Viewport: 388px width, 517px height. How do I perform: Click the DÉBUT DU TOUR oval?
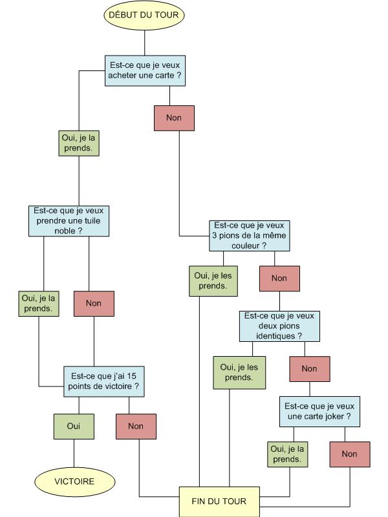pyautogui.click(x=145, y=14)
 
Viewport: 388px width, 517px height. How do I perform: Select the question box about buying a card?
pyautogui.click(x=145, y=70)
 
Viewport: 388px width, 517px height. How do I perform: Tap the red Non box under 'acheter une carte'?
pyautogui.click(x=174, y=118)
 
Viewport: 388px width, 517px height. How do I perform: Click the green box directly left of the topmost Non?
pyautogui.click(x=78, y=143)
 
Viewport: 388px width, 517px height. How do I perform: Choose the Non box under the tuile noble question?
pyautogui.click(x=94, y=303)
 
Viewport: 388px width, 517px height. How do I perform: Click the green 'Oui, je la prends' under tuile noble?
pyautogui.click(x=38, y=303)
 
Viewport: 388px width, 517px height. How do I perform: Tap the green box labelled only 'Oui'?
pyautogui.click(x=73, y=426)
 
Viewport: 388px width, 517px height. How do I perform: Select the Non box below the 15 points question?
pyautogui.click(x=136, y=426)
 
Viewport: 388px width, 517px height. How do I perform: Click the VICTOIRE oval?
pyautogui.click(x=74, y=481)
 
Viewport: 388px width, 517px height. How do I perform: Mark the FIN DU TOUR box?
pyautogui.click(x=219, y=501)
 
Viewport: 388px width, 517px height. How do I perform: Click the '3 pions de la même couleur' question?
pyautogui.click(x=249, y=236)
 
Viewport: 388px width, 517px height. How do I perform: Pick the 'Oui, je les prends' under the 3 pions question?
pyautogui.click(x=210, y=280)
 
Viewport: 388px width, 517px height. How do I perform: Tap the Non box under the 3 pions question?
pyautogui.click(x=279, y=278)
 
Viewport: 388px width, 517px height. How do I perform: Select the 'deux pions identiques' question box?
pyautogui.click(x=280, y=326)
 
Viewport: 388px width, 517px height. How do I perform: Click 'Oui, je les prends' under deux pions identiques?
pyautogui.click(x=239, y=372)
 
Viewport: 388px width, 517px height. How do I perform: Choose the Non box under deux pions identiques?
pyautogui.click(x=310, y=368)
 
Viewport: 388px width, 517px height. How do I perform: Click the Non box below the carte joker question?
pyautogui.click(x=349, y=454)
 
